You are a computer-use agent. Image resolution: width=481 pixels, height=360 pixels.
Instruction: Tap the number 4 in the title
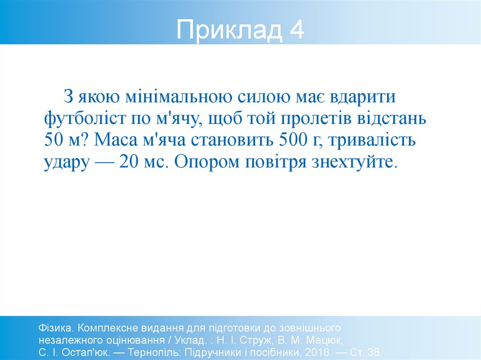pyautogui.click(x=296, y=30)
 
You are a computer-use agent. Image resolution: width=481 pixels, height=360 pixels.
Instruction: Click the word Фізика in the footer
pyautogui.click(x=55, y=327)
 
